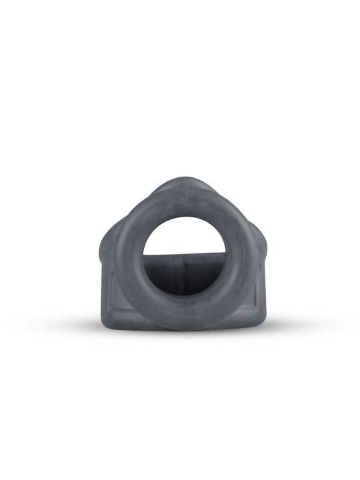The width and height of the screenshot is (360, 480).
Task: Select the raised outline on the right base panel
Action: [x=252, y=293]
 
